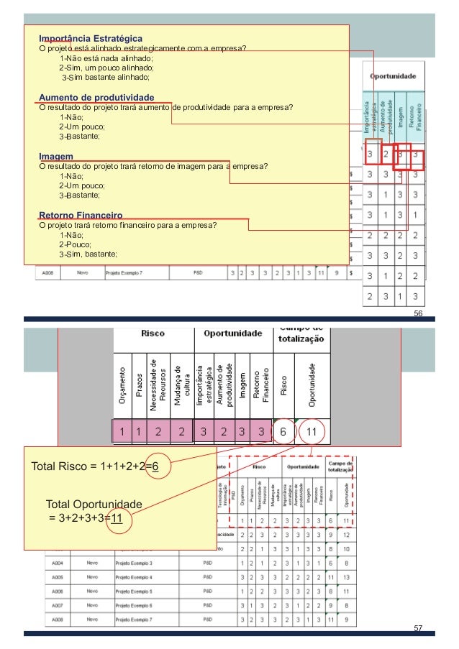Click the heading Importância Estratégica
coord(90,37)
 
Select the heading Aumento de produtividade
coord(96,97)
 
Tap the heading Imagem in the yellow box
coord(55,156)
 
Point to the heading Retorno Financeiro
coord(81,215)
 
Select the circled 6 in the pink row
coord(284,432)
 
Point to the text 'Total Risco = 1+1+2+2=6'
coord(95,466)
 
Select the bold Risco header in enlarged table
coord(153,333)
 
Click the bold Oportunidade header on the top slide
coord(394,75)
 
